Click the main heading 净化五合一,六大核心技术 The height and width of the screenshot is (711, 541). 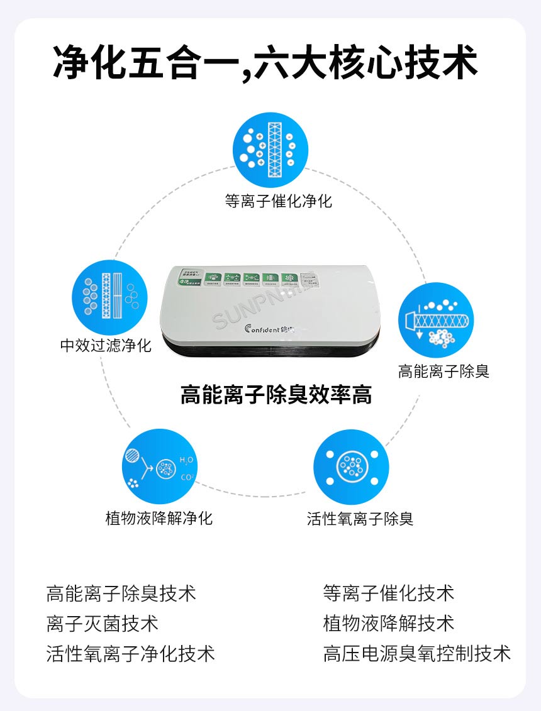265,62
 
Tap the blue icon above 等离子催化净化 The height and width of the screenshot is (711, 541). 270,150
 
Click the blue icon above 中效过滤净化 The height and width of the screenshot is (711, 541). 109,297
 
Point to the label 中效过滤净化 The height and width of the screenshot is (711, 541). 106,346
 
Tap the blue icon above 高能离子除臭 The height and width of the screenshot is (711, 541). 435,321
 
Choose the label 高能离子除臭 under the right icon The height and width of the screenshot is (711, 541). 443,372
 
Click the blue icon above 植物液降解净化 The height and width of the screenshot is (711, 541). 160,466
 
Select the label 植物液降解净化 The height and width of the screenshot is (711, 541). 159,519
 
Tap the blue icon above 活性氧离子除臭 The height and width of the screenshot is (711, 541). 351,466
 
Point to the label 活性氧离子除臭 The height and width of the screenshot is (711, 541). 360,519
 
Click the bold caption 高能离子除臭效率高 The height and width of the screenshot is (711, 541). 276,395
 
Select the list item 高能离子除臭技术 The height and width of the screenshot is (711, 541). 121,593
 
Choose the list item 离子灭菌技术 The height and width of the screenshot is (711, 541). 103,624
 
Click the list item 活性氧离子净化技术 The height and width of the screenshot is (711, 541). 131,654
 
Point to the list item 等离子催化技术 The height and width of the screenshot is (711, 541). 389,593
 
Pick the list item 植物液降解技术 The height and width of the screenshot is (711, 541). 389,624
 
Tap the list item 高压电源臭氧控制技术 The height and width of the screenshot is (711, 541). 417,654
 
